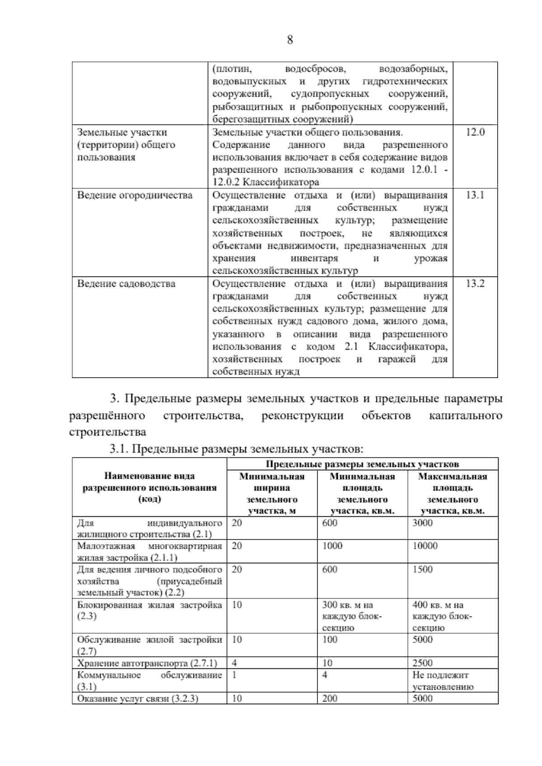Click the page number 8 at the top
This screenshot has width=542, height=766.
pyautogui.click(x=290, y=40)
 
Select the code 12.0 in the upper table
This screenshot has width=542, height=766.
pyautogui.click(x=475, y=132)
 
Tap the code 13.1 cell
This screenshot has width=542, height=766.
pyautogui.click(x=475, y=195)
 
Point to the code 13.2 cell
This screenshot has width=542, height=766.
pyautogui.click(x=475, y=284)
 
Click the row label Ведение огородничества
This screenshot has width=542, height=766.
pyautogui.click(x=135, y=195)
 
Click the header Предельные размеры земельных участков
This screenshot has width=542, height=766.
pyautogui.click(x=362, y=464)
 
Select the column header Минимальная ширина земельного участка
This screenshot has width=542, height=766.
pyautogui.click(x=272, y=494)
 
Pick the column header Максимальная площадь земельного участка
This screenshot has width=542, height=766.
pyautogui.click(x=453, y=494)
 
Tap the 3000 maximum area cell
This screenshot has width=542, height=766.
pyautogui.click(x=422, y=523)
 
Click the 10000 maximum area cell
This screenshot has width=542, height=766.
pyautogui.click(x=425, y=546)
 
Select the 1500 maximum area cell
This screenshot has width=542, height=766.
pyautogui.click(x=422, y=569)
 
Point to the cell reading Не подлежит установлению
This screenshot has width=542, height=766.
pyautogui.click(x=443, y=681)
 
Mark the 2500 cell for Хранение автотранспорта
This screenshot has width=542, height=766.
pyautogui.click(x=422, y=663)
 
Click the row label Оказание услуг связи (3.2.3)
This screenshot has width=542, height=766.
pyautogui.click(x=138, y=698)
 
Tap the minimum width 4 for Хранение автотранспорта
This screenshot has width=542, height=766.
pyautogui.click(x=234, y=663)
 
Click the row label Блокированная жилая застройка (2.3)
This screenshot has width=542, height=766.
pyautogui.click(x=150, y=610)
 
